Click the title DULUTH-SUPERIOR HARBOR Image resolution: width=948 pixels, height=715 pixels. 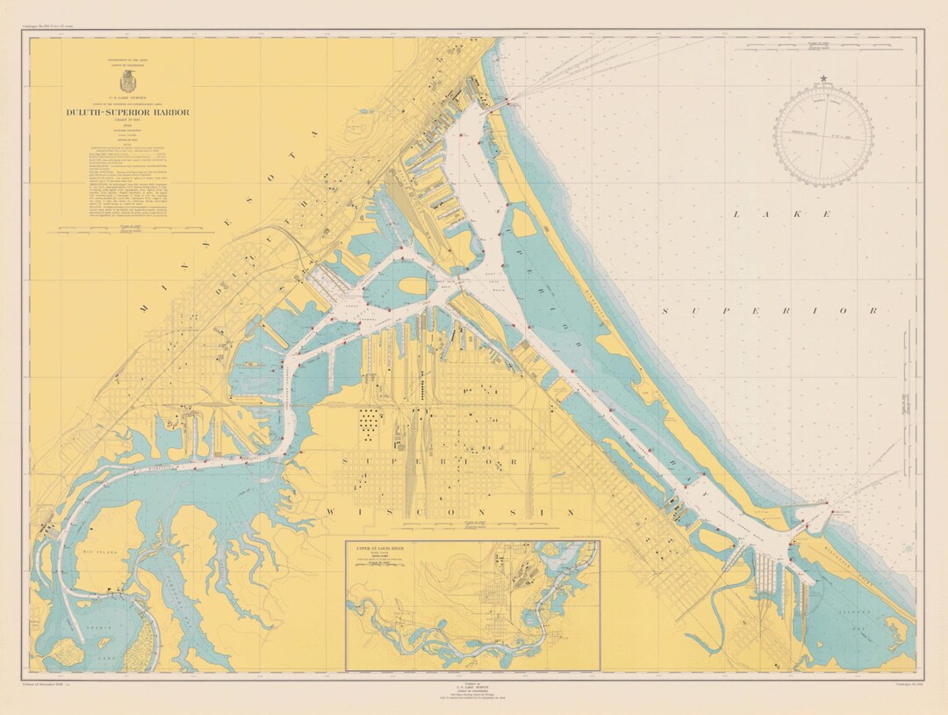pyautogui.click(x=127, y=112)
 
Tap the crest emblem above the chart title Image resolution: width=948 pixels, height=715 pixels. pyautogui.click(x=127, y=79)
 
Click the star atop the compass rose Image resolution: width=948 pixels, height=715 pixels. pyautogui.click(x=823, y=79)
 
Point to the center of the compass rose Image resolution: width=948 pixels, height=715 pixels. pyautogui.click(x=823, y=135)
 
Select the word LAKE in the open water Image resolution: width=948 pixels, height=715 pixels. pyautogui.click(x=782, y=214)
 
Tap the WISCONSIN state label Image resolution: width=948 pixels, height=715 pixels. pyautogui.click(x=449, y=512)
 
